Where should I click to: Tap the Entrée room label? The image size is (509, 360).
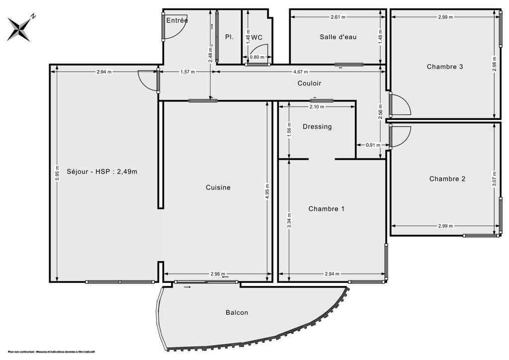tap(177, 20)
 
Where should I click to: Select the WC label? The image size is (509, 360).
tap(257, 37)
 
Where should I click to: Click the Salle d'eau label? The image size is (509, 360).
tap(338, 37)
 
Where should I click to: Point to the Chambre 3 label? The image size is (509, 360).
tap(445, 67)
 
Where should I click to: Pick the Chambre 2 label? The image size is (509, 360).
tap(447, 179)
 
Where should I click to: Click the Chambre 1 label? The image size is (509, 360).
tap(326, 209)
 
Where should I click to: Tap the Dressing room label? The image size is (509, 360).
tap(317, 127)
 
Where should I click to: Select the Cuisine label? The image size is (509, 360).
tap(218, 187)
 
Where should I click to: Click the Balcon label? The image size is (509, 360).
tap(237, 313)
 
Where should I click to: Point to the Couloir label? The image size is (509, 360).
tap(309, 84)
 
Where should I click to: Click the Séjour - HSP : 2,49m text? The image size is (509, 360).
tap(102, 172)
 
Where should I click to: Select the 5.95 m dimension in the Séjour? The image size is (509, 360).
tap(58, 173)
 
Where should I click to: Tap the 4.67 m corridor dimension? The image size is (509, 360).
tap(301, 72)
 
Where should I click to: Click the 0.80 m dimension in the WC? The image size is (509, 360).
tap(257, 57)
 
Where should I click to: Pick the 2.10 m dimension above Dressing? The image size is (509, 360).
tap(317, 106)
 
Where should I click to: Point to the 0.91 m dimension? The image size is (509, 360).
tap(373, 145)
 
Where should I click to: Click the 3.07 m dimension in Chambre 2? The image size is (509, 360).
tap(495, 179)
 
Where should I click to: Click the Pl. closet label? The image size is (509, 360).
tap(229, 37)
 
